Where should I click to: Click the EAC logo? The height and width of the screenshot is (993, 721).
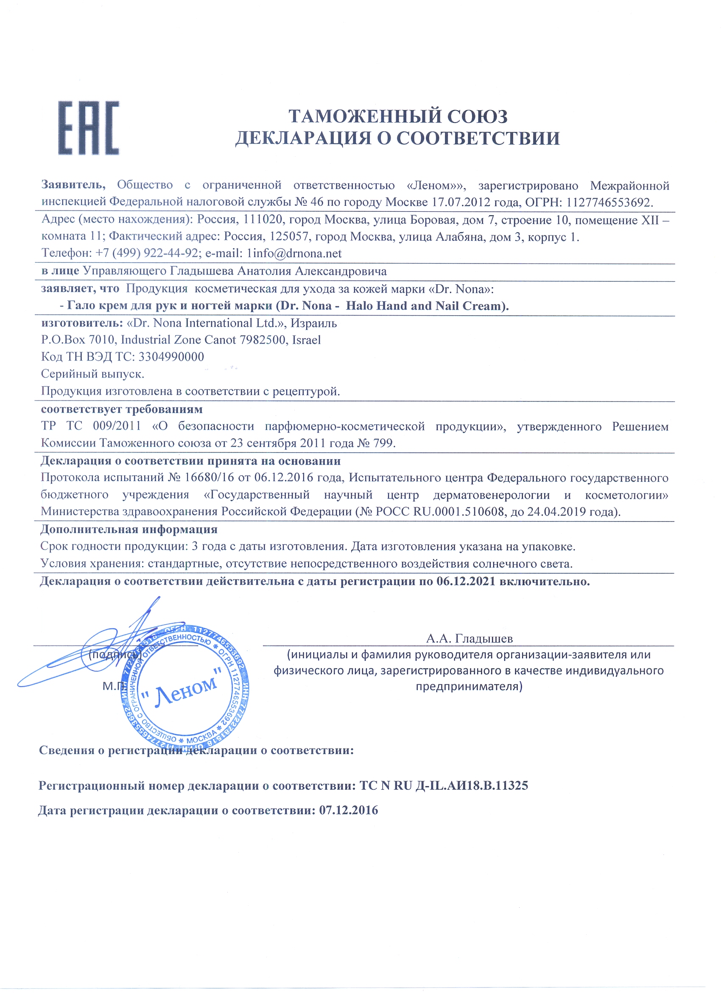(88, 128)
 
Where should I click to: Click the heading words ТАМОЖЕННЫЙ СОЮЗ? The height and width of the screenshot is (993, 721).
(398, 116)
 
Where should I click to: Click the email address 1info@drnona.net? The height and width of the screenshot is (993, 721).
(294, 253)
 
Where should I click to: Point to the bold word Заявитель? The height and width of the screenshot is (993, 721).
(73, 185)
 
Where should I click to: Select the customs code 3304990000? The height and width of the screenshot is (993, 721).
(171, 357)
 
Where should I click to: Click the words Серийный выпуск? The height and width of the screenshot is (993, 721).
(92, 374)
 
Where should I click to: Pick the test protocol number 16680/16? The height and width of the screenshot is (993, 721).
(210, 477)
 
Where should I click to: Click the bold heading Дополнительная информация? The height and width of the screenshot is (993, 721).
(129, 529)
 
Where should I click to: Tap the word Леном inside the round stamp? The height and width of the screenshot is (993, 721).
(185, 688)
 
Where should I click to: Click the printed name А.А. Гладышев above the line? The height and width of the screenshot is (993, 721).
(469, 638)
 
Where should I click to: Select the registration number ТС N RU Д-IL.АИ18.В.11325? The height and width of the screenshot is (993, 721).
(444, 785)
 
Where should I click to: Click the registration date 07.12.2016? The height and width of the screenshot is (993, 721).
(348, 810)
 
